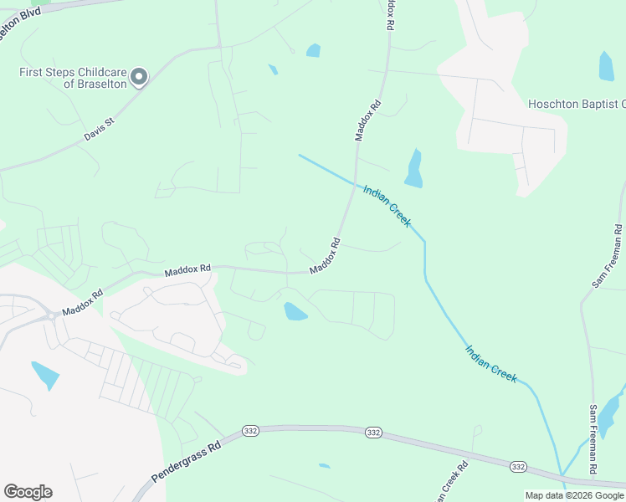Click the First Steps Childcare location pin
[140, 77]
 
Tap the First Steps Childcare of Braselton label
[73, 78]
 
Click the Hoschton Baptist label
[577, 104]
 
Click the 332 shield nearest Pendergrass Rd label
[249, 430]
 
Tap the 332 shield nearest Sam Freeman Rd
[518, 466]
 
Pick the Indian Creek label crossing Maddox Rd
[387, 206]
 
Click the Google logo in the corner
[28, 492]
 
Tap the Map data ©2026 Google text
[573, 495]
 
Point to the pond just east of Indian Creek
[413, 168]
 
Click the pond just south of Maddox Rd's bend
[295, 312]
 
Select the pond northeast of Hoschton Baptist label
[606, 66]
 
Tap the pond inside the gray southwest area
[44, 375]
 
